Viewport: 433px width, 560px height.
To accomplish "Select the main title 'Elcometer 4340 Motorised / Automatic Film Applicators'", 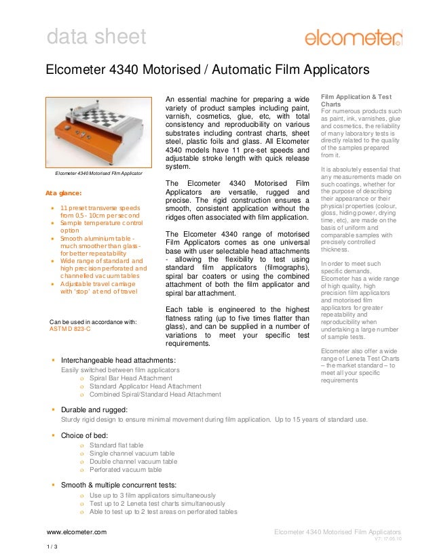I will coord(206,70).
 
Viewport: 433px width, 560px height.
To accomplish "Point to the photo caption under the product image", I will coord(98,175).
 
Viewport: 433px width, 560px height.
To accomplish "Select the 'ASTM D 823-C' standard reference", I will coord(70,329).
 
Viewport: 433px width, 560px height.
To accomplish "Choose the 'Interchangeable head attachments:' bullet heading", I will coord(119,359).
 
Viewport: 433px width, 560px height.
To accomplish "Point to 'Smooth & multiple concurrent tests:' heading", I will coord(119,485).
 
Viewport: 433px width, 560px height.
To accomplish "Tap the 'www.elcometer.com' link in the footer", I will coord(76,533).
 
